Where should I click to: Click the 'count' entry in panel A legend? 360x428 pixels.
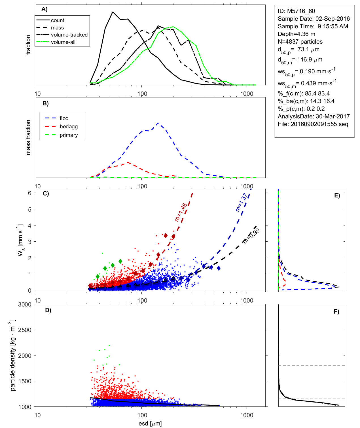[x=58, y=20]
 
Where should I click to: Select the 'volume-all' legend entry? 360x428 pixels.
[x=63, y=42]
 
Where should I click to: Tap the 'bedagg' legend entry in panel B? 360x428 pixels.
[x=69, y=127]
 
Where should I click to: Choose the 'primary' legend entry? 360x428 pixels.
[x=69, y=135]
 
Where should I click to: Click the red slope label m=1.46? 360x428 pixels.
[x=181, y=212]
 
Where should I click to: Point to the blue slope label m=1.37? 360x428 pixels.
[x=241, y=202]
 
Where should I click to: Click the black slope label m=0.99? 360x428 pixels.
[x=251, y=236]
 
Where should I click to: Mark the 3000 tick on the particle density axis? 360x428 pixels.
[x=25, y=305]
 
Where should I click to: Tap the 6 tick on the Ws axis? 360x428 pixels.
[x=29, y=193]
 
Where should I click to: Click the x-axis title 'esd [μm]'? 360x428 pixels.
[x=150, y=424]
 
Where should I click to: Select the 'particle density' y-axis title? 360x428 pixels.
[x=12, y=355]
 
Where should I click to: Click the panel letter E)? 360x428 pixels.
[x=337, y=195]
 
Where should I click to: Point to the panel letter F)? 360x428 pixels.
[x=336, y=312]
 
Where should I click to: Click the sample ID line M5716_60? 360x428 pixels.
[x=296, y=11]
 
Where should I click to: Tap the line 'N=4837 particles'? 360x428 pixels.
[x=300, y=42]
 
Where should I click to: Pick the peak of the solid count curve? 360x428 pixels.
[x=113, y=12]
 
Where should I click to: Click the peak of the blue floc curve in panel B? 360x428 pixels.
[x=158, y=123]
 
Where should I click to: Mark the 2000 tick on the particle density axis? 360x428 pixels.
[x=25, y=355]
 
